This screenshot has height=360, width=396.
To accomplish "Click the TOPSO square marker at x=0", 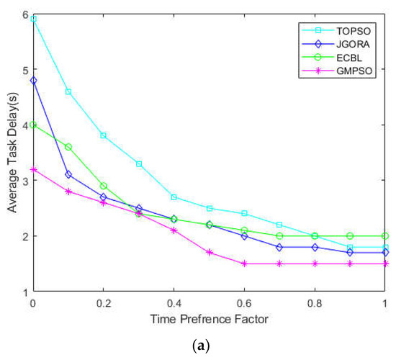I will click(33, 19).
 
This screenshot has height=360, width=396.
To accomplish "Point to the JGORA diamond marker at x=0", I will click(33, 80).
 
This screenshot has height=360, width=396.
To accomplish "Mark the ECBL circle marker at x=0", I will click(33, 125).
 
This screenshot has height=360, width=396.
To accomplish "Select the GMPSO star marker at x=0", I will click(33, 169).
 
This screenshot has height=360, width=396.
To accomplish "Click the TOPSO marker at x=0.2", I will click(104, 135).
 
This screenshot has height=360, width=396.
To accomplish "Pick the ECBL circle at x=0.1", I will click(68, 147).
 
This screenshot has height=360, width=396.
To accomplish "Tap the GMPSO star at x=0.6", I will click(245, 264).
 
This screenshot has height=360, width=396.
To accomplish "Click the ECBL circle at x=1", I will click(385, 235).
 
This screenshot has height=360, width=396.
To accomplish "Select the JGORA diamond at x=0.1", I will click(68, 174).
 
